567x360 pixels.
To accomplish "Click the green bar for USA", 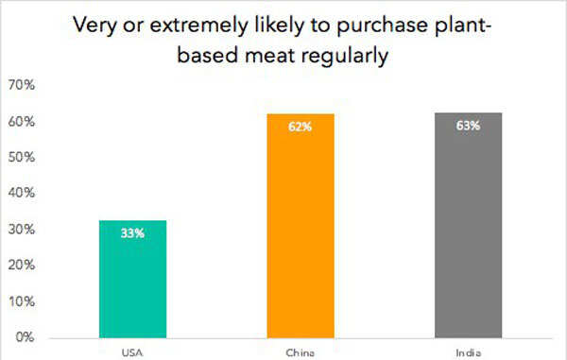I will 132,279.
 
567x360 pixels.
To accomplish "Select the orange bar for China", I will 301,227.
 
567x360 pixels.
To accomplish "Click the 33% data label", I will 132,232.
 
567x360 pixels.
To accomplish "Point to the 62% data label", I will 301,127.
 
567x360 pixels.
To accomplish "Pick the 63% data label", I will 468,125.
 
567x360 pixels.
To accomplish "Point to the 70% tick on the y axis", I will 22,86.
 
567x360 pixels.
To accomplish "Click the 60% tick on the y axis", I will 22,122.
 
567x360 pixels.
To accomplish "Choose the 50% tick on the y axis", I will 22,158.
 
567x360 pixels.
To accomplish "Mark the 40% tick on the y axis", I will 22,194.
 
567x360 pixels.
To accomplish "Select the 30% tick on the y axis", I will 22,230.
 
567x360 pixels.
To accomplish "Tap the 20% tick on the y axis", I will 22,266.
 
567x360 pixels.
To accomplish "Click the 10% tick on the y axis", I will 22,301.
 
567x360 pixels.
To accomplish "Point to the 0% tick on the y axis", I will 25,336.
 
